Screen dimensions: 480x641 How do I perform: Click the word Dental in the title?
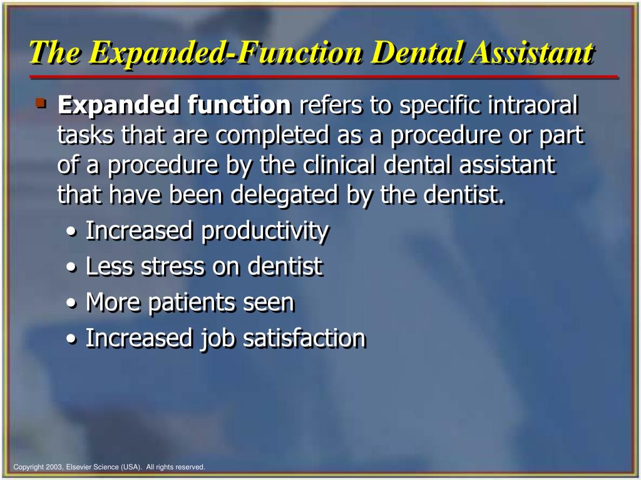(416, 52)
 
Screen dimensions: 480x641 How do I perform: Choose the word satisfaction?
(304, 338)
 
